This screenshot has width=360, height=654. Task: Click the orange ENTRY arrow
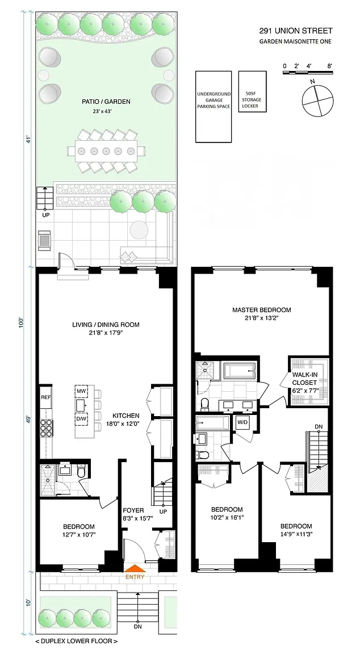point(135,568)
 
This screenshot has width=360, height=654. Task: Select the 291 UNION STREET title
point(296,31)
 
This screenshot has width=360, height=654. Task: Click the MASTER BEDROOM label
point(262,310)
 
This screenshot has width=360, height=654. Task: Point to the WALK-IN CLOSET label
point(304,379)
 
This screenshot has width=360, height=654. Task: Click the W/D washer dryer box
point(242,422)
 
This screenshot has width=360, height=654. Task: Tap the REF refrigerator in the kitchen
point(45,397)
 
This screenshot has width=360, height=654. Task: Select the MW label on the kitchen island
point(81,391)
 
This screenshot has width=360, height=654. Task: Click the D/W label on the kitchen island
point(81,418)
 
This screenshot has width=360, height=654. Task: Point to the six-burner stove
point(46,427)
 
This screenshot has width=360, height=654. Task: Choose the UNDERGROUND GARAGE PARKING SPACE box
point(213,107)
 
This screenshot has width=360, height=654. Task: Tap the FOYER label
point(133,510)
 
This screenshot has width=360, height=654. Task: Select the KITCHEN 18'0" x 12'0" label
point(125,419)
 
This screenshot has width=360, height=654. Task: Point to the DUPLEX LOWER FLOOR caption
point(77,641)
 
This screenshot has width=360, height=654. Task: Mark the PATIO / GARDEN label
point(106,102)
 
